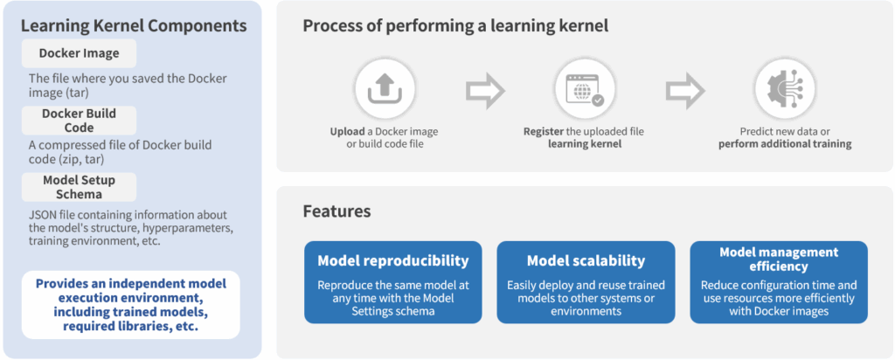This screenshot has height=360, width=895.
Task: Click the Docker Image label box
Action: coord(79,53)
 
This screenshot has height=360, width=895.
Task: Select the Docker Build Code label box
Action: coord(79,120)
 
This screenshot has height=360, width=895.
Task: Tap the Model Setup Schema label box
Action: coord(79,187)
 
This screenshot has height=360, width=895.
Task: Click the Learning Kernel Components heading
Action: coord(134,26)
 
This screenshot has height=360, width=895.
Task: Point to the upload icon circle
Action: coord(385,90)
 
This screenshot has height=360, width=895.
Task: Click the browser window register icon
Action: coord(585,90)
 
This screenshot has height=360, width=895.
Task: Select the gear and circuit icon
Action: coord(785,90)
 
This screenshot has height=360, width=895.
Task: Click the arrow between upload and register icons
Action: coord(484,90)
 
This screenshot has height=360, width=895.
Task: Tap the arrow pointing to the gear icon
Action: coord(685,90)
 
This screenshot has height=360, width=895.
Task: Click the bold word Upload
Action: coord(347,132)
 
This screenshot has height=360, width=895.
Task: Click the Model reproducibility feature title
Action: coord(392,261)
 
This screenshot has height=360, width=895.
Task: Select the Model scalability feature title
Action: coord(586,261)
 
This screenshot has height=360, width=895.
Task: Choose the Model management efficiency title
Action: coord(779,259)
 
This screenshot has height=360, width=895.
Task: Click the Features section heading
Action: coord(336,211)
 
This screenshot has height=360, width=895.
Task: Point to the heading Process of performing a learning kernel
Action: coord(455,26)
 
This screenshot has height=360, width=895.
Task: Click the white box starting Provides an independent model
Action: coord(131,305)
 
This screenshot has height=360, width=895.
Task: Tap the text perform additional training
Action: coord(785,144)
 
